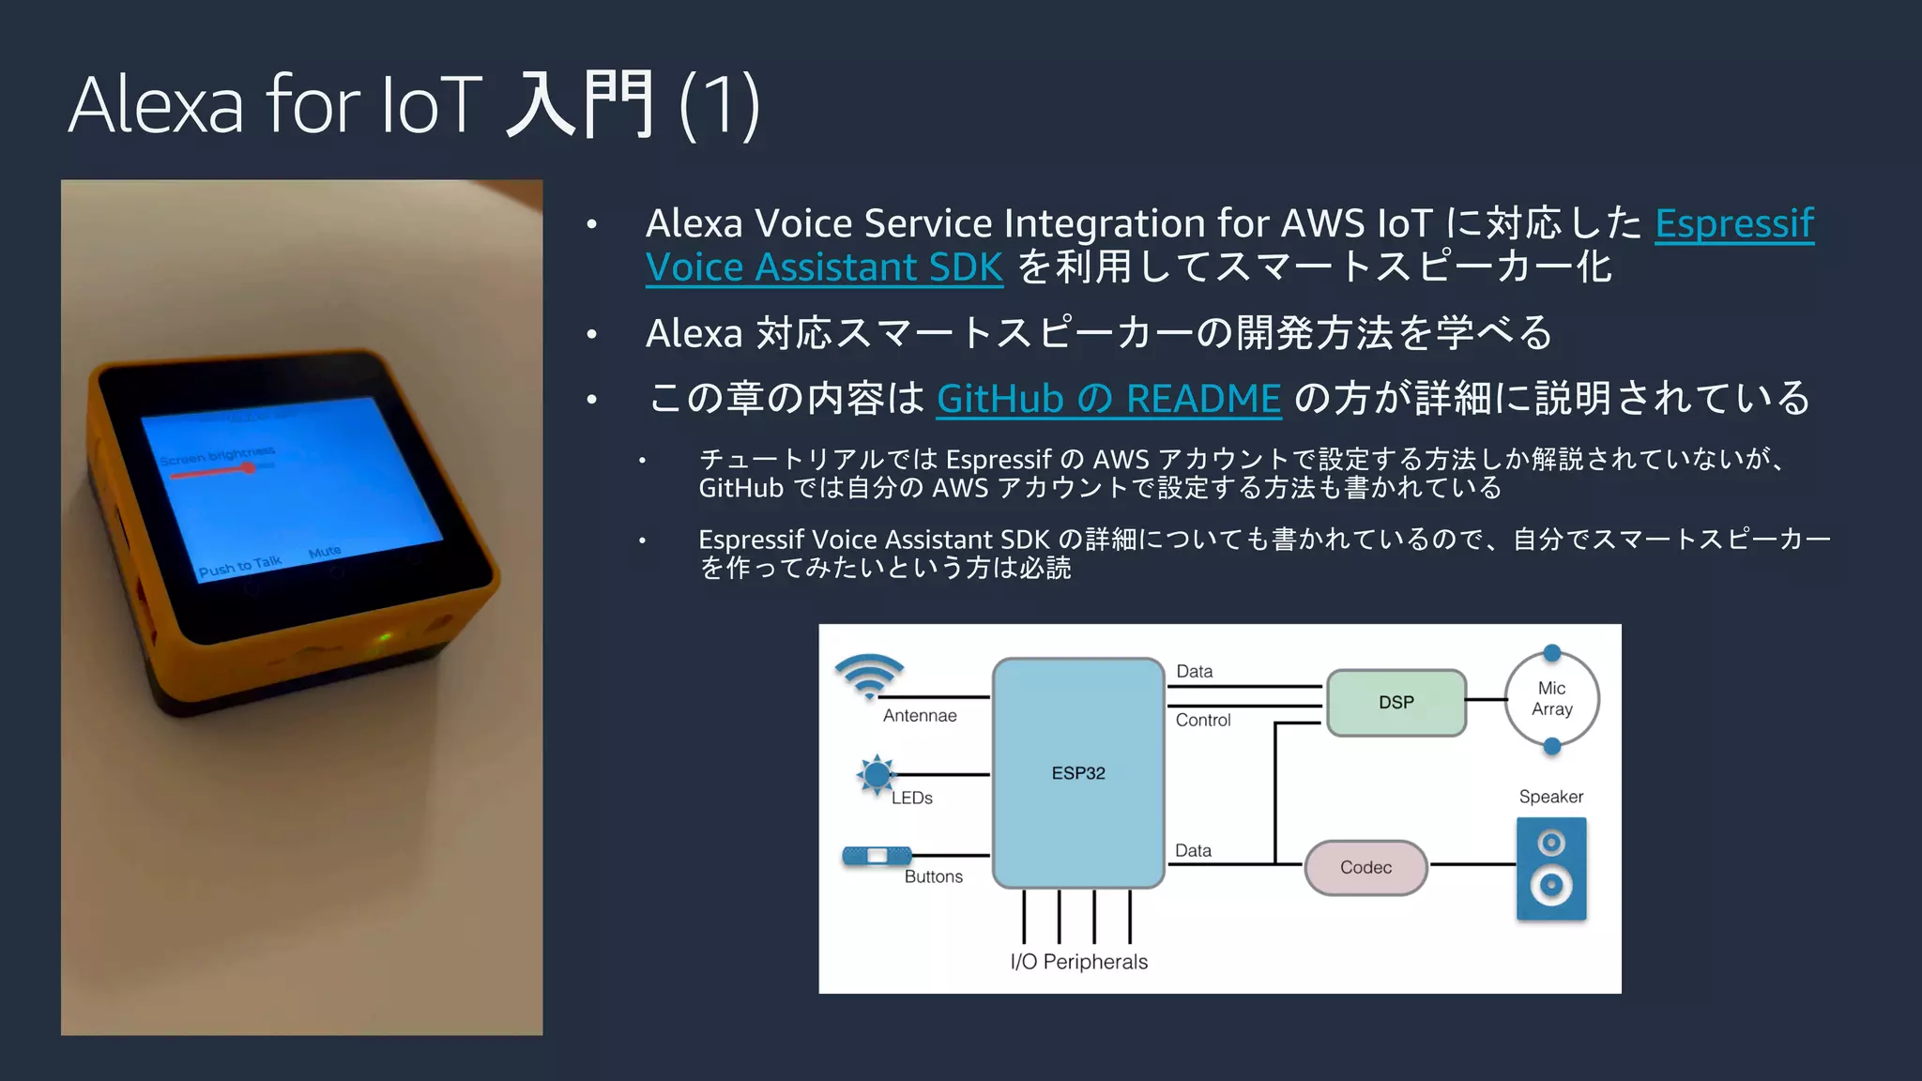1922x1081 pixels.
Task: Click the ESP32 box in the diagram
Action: point(1078,772)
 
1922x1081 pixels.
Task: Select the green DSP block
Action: point(1396,703)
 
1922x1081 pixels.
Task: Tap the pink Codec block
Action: point(1365,867)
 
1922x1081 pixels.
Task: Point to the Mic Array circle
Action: point(1551,699)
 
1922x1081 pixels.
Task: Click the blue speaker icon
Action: point(1551,868)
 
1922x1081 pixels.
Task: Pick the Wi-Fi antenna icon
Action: point(869,676)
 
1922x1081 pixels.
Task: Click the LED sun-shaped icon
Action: point(877,775)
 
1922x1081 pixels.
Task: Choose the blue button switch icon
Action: point(877,856)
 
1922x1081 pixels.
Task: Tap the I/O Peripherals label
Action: point(1078,962)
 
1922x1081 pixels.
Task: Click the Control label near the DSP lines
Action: point(1202,721)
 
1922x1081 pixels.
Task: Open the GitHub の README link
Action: point(1108,399)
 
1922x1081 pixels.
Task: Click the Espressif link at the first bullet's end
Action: point(1733,223)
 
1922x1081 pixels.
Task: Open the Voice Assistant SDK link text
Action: point(824,267)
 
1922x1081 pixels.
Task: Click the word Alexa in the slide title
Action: point(156,105)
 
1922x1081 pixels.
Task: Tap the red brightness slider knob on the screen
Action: point(249,467)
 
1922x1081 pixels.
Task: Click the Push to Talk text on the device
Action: point(239,566)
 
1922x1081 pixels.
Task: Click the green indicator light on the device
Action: point(385,638)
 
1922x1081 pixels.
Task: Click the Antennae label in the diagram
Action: point(920,716)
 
